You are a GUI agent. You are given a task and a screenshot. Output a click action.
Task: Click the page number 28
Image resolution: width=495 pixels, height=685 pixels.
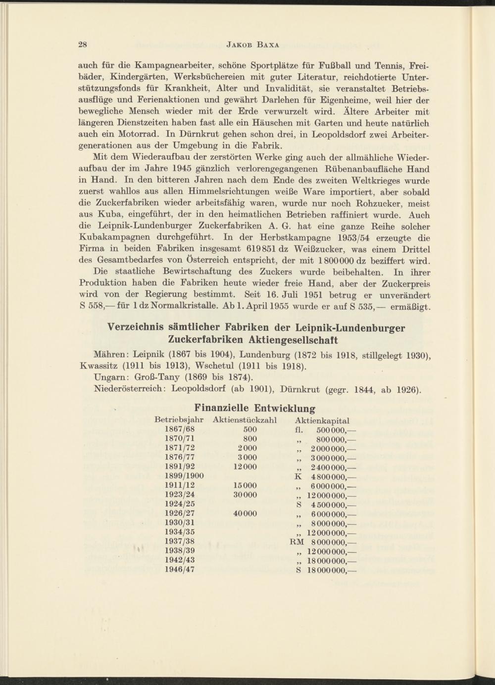83,45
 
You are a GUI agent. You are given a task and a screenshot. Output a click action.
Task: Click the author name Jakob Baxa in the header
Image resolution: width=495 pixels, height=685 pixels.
252,45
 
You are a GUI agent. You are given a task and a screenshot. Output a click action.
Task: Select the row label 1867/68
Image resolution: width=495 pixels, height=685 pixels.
179,429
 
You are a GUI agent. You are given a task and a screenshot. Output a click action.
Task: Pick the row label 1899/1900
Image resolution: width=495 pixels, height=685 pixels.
184,476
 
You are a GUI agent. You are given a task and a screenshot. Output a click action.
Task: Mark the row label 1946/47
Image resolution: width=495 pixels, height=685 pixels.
179,569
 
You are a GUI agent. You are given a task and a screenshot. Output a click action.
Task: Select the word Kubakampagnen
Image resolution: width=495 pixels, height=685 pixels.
112,238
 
